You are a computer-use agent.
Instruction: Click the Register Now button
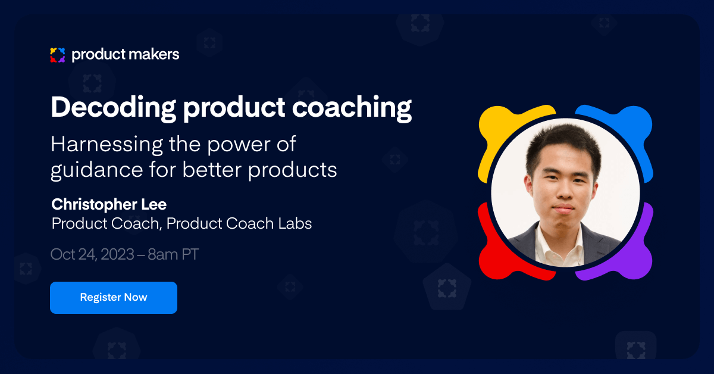(x=113, y=297)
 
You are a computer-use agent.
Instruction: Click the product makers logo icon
(x=57, y=55)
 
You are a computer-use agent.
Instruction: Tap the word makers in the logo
(x=152, y=55)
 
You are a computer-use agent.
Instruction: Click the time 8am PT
(x=173, y=254)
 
